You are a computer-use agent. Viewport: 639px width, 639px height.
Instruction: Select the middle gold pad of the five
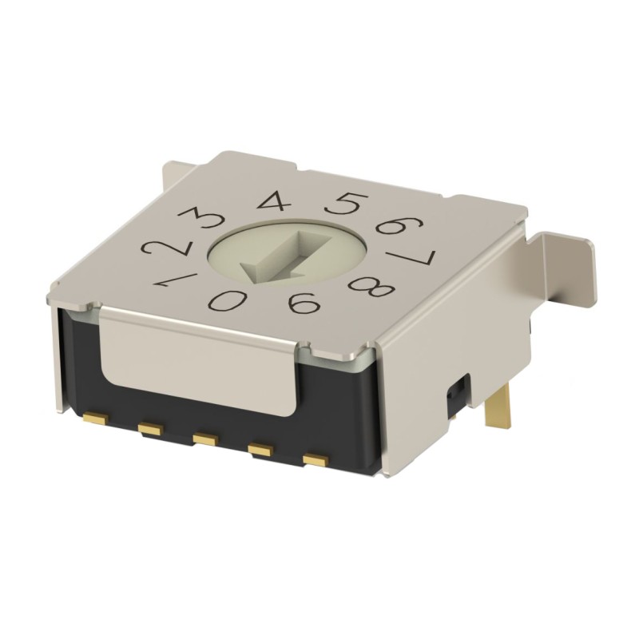coord(205,439)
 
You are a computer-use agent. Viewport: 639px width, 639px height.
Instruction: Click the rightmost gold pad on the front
coord(315,461)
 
